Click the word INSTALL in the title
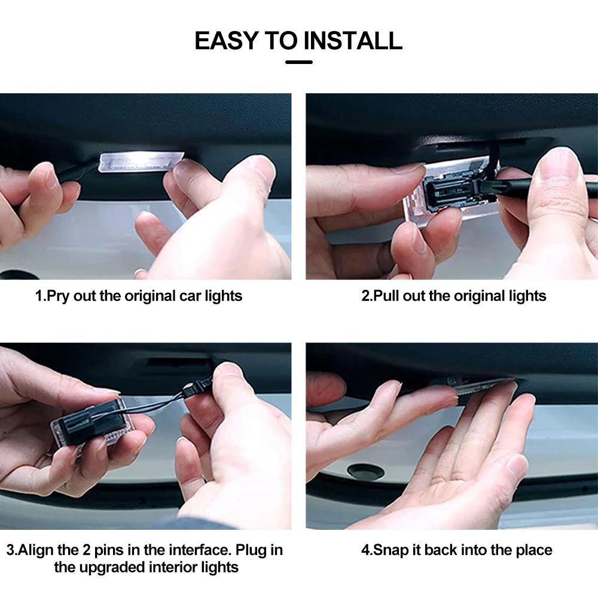pos(353,41)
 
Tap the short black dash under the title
pos(299,62)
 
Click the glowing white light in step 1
pos(141,161)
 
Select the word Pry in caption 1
pos(59,297)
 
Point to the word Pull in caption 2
pos(386,295)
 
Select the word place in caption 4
pos(534,550)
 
